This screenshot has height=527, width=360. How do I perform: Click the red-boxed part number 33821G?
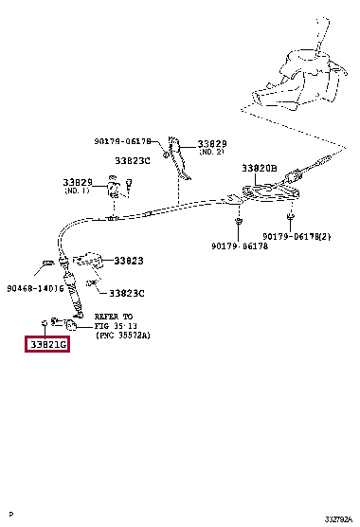pos(47,344)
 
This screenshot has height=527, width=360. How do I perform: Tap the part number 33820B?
pos(260,168)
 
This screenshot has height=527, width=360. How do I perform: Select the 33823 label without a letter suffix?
pos(128,261)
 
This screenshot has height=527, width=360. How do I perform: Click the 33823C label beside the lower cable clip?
pos(127,294)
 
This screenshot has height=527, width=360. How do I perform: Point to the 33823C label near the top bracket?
pos(133,160)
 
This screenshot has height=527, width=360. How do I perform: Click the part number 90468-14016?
pos(35,288)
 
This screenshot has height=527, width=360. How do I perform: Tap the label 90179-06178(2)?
pos(297,237)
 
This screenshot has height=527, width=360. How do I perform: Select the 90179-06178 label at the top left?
pos(122,141)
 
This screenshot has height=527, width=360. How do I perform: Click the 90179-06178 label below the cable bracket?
pos(240,246)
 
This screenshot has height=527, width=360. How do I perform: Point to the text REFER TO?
pos(114,317)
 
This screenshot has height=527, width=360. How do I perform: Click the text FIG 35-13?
pos(116,326)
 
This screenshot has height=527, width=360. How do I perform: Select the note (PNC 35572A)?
pos(123,336)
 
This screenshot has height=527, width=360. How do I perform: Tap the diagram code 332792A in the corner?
pos(338,519)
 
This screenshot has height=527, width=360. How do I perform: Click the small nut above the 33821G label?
pos(44,323)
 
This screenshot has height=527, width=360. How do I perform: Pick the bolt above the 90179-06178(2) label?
pos(291,216)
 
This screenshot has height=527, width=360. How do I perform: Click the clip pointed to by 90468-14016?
pos(47,263)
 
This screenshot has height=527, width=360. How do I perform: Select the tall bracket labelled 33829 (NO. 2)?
pos(178,157)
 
